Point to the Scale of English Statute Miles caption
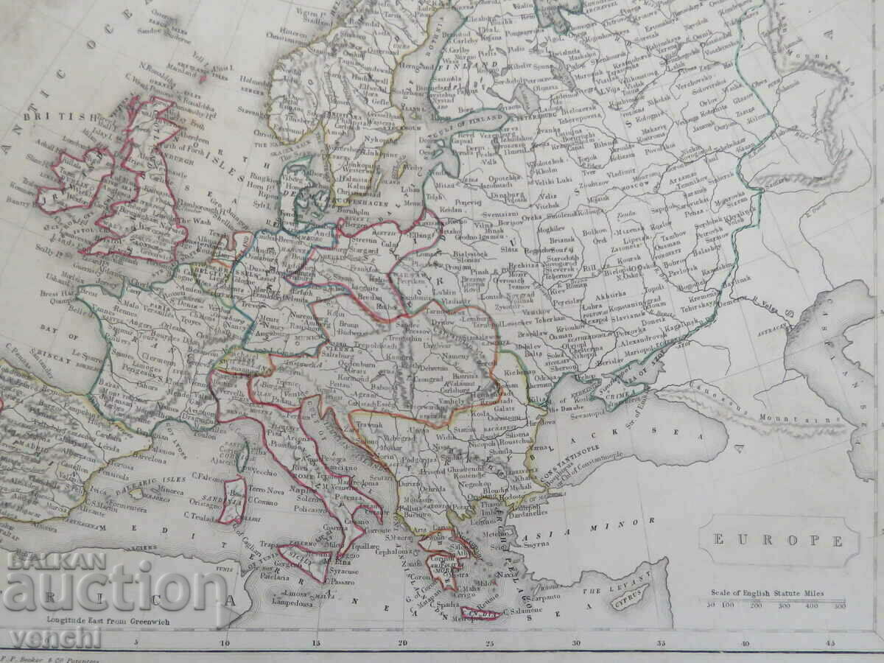coord(767,593)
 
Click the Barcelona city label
coord(151,457)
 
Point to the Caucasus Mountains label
coord(766,417)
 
